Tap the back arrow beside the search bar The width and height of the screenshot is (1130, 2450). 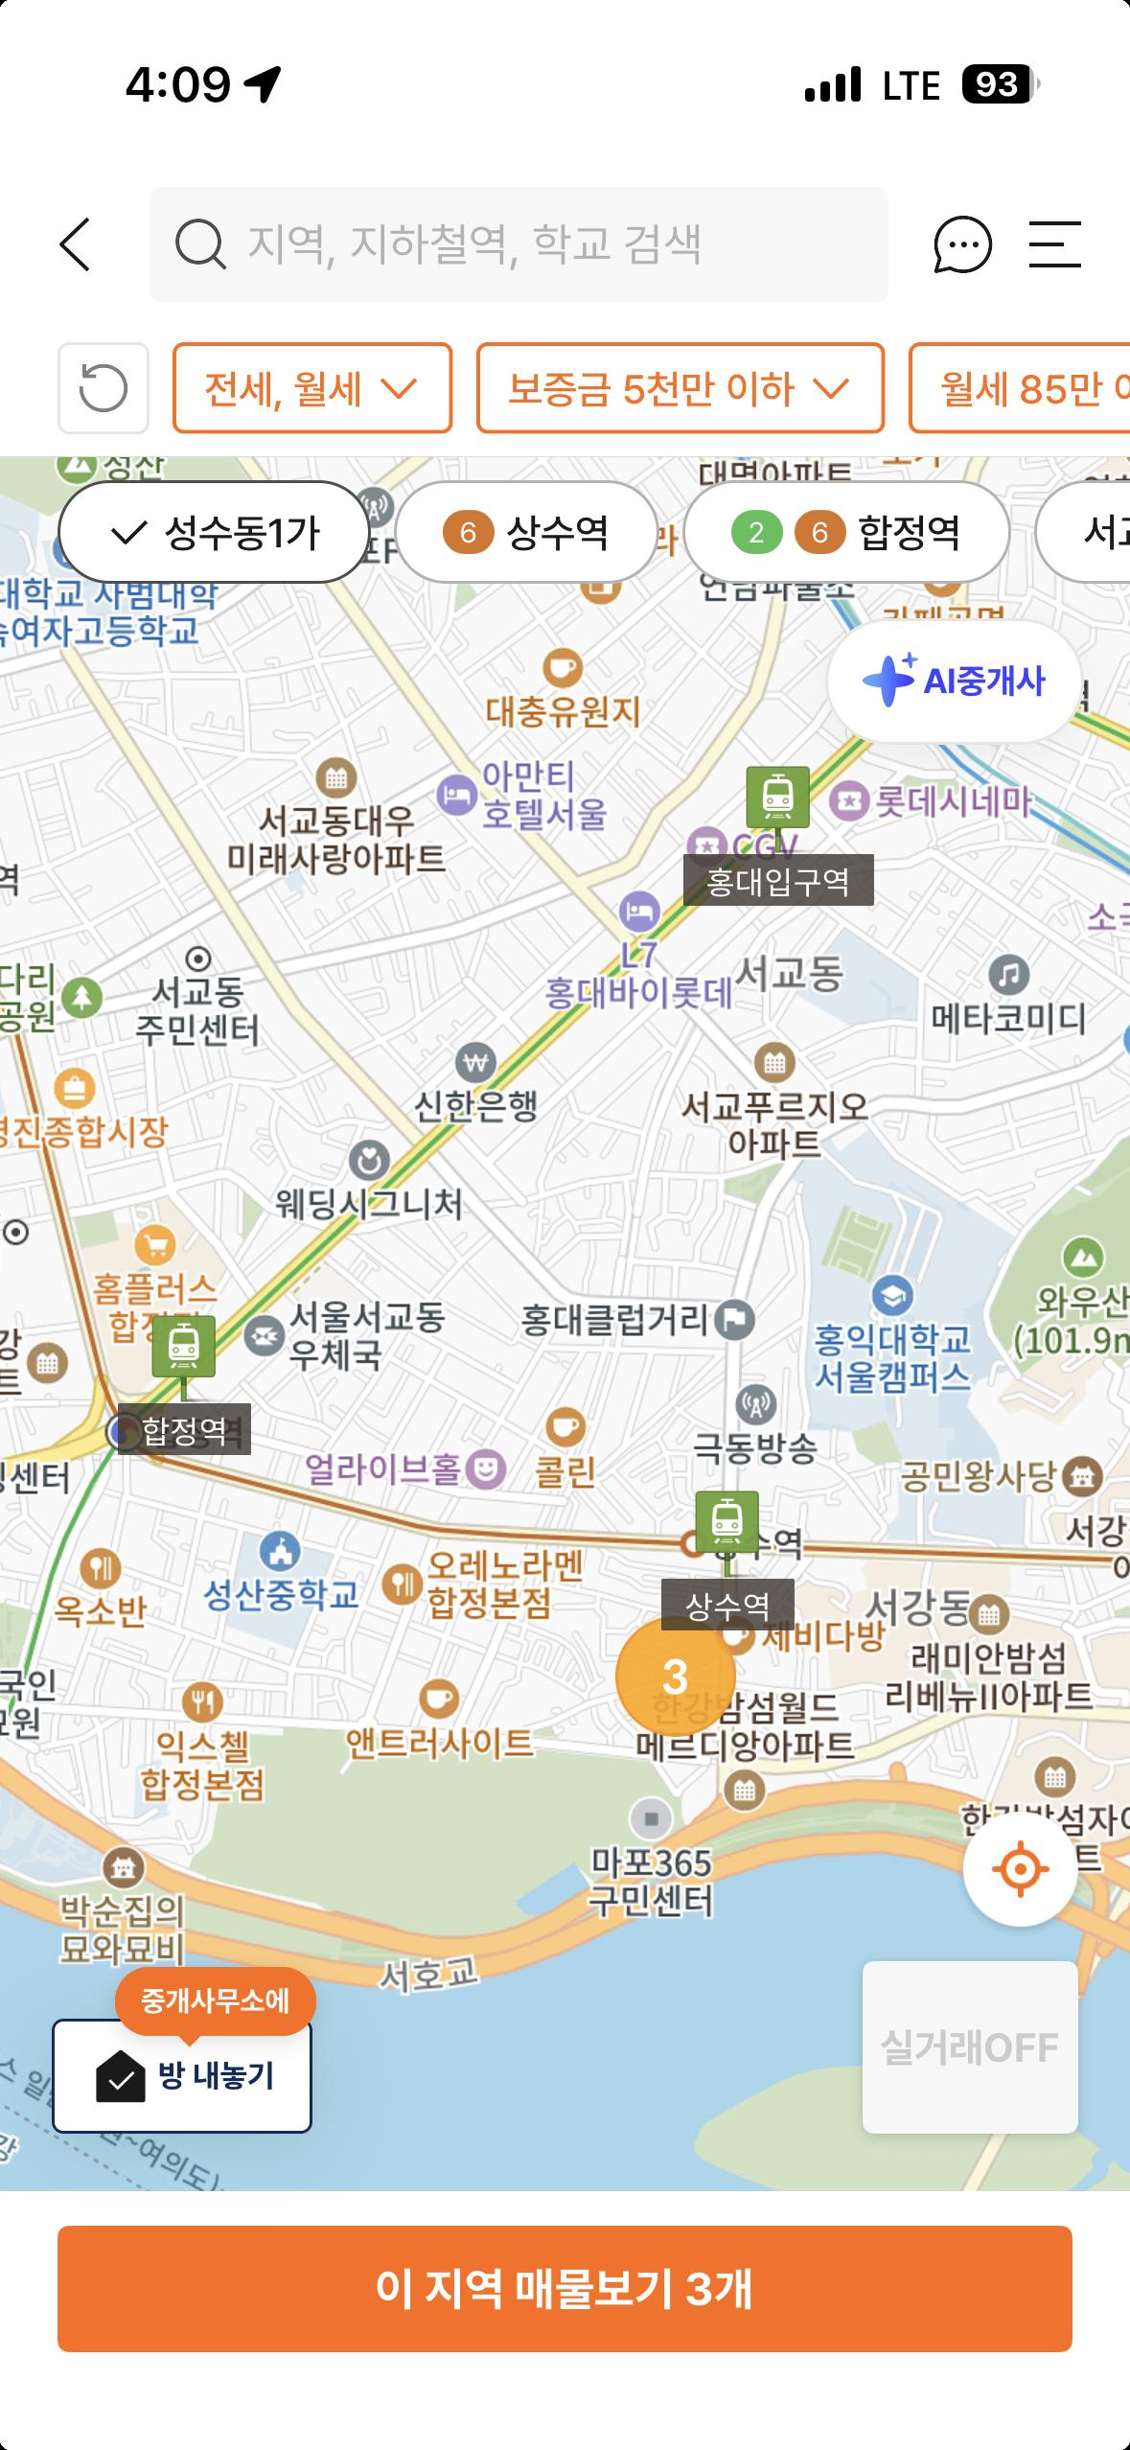(x=76, y=244)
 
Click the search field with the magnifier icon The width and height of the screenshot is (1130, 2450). (x=518, y=244)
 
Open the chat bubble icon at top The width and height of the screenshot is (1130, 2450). (x=962, y=244)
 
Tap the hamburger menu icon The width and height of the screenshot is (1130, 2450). (x=1054, y=244)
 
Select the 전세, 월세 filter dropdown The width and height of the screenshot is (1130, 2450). (x=311, y=388)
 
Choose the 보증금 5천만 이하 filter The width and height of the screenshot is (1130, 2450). (x=680, y=388)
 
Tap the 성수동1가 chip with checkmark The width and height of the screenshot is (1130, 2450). (x=215, y=532)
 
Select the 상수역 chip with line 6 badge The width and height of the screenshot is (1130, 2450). (x=526, y=532)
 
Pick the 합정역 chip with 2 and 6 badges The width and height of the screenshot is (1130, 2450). (x=846, y=532)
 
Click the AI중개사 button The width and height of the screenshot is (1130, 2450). (x=954, y=681)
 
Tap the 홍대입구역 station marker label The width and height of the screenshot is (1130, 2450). (x=777, y=881)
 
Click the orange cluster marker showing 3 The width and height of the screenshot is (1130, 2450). (x=675, y=1676)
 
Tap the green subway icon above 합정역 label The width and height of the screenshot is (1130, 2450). (x=183, y=1345)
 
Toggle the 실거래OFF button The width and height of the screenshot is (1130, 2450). (x=969, y=2047)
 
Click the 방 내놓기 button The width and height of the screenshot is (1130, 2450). (x=182, y=2075)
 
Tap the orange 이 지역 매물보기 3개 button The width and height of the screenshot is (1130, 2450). (x=565, y=2288)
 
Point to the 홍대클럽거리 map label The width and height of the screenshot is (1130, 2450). (x=615, y=1321)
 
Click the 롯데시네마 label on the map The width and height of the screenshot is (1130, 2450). (x=951, y=800)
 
